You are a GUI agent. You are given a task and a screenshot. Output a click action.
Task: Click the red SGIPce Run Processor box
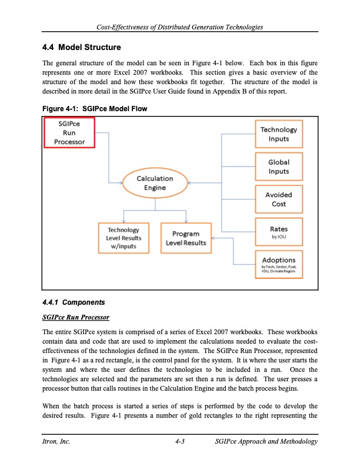[69, 132]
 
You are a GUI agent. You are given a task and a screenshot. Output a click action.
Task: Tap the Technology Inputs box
[279, 134]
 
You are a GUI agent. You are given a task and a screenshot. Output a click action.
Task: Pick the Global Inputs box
[279, 167]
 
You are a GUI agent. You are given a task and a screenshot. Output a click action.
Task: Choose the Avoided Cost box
[279, 199]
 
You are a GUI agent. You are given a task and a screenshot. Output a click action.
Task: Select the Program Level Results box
[186, 238]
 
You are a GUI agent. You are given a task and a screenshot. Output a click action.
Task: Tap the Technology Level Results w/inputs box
[123, 238]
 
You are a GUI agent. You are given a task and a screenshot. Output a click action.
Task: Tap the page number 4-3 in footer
[181, 442]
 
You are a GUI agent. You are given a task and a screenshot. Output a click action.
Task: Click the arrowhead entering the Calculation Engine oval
[120, 182]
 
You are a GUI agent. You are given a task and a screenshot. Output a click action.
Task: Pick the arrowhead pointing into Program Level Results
[212, 238]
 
